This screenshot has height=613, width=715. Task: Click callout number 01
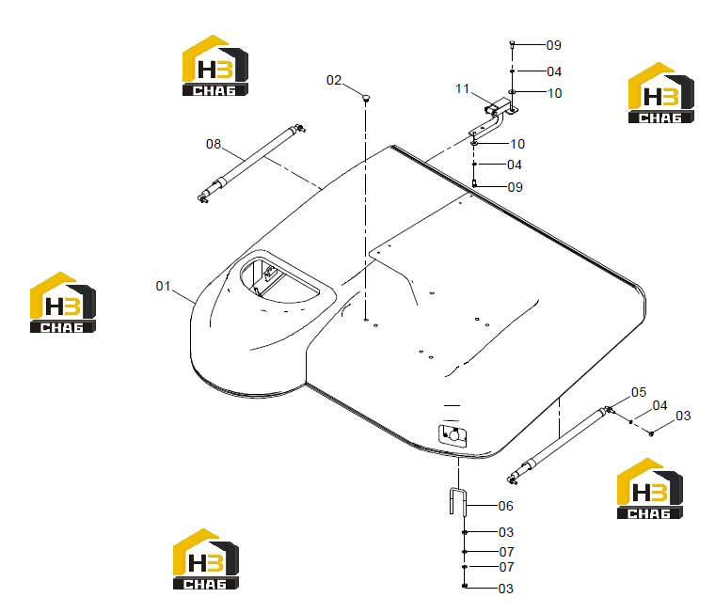163,286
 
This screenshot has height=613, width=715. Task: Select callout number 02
334,80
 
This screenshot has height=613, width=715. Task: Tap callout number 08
214,144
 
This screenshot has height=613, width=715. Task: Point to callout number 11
462,88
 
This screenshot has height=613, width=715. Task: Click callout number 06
506,506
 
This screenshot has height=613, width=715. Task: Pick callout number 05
639,392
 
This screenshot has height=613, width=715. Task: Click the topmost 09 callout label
553,45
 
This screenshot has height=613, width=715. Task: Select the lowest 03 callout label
506,589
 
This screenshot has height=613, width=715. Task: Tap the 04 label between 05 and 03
659,405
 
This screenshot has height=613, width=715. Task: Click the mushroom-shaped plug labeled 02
366,98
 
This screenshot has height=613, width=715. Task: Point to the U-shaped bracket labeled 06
458,501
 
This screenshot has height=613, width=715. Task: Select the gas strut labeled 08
251,163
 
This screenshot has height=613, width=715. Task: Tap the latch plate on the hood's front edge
453,435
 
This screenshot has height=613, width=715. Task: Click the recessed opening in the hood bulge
279,280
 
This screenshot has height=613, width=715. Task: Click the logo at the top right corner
661,93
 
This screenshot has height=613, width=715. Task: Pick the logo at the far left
63,303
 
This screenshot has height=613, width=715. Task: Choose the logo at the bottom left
206,559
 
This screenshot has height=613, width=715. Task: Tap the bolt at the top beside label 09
512,44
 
